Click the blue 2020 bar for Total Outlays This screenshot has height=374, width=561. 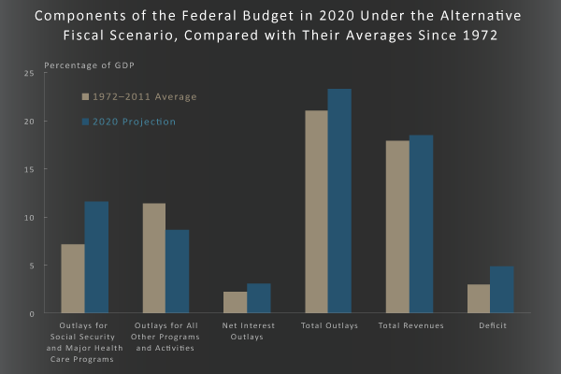click(x=339, y=201)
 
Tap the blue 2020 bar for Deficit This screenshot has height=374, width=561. click(x=502, y=290)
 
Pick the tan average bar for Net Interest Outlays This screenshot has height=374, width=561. click(x=236, y=302)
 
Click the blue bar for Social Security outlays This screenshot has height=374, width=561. click(x=96, y=257)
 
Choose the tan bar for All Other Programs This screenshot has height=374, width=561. click(x=154, y=258)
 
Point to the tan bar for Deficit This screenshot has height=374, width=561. click(x=479, y=298)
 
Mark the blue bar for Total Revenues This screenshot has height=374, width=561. click(x=421, y=224)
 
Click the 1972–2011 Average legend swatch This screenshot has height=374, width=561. click(x=85, y=96)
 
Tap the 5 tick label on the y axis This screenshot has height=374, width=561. click(x=31, y=266)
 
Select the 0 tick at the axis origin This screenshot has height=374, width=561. click(x=31, y=313)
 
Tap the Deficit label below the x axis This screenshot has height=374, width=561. click(x=490, y=325)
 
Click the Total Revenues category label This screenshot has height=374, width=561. click(x=410, y=325)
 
